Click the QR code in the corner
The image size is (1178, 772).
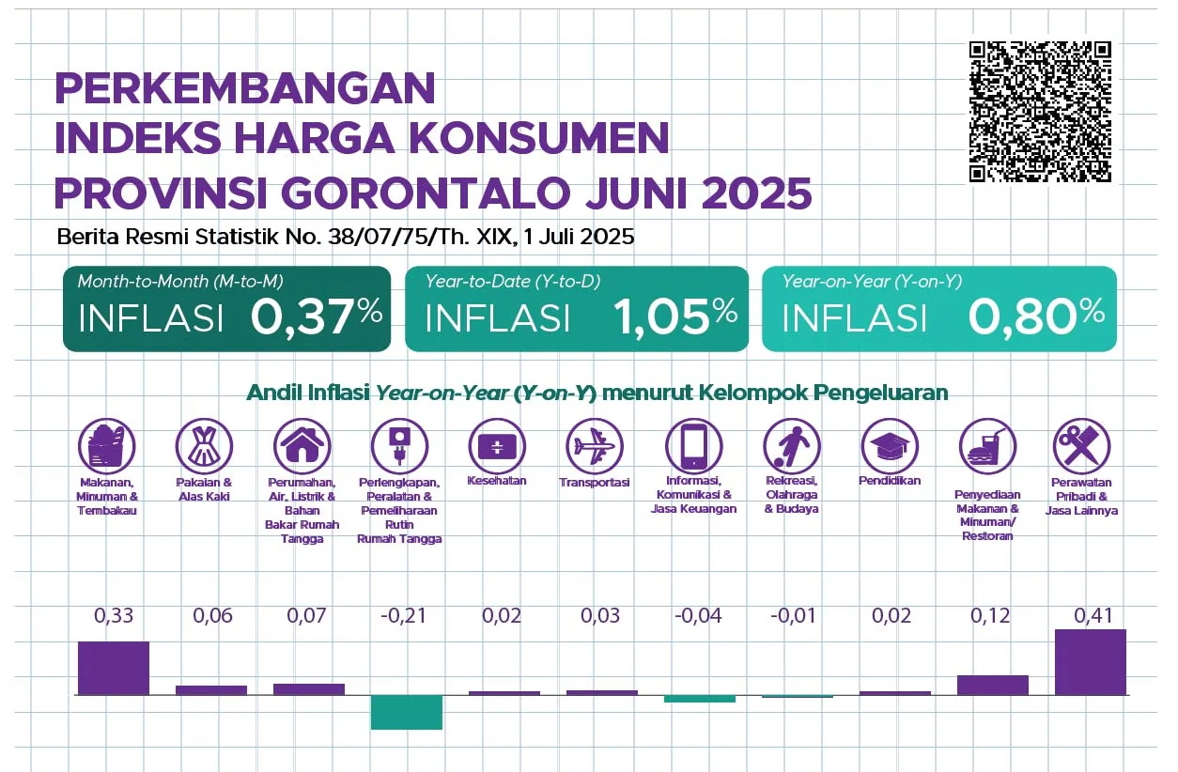point(1040,112)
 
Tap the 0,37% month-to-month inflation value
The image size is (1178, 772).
point(317,317)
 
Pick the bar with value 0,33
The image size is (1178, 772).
point(114,668)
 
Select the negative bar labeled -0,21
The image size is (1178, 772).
point(406,712)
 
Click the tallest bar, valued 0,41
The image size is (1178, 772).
point(1090,662)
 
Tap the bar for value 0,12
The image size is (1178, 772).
point(992,685)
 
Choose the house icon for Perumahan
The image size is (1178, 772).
point(302,442)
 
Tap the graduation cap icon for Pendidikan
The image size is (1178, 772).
point(889,442)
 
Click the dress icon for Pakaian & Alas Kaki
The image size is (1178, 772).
point(204,442)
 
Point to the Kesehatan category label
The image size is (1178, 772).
point(496,481)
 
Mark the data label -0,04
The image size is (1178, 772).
point(698,616)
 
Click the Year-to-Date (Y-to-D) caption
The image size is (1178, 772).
point(513,281)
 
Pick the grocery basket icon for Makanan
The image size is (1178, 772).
point(107,442)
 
